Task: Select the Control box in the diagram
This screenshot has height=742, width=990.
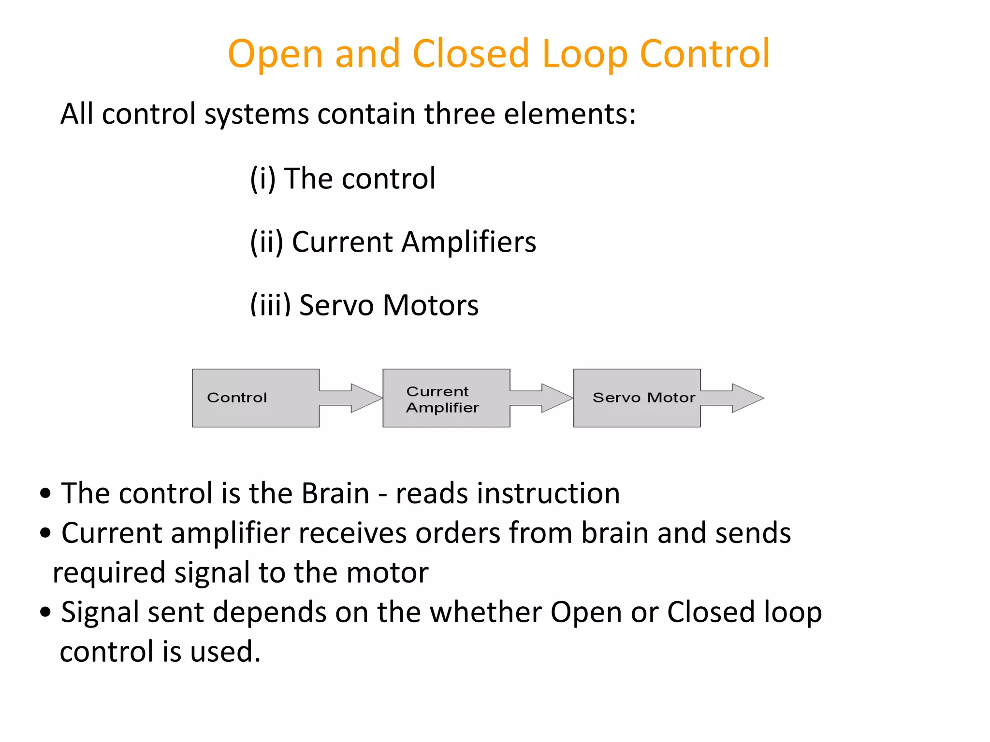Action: coord(256,398)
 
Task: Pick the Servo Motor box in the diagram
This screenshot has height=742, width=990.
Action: coord(636,398)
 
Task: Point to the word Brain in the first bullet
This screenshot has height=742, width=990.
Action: coord(335,493)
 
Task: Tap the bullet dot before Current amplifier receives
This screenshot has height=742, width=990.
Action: coord(45,533)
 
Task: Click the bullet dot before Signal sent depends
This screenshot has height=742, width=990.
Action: coord(45,612)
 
